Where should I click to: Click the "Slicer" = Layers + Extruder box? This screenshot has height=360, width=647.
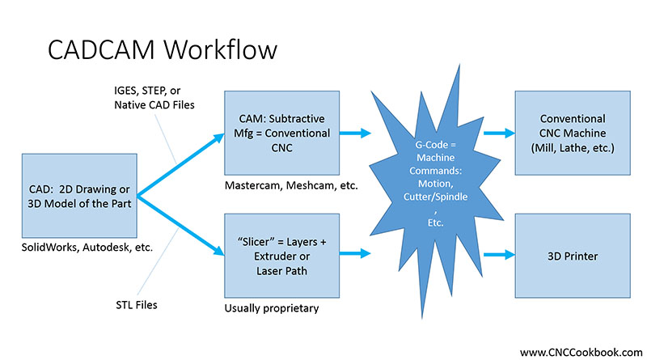point(278,253)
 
